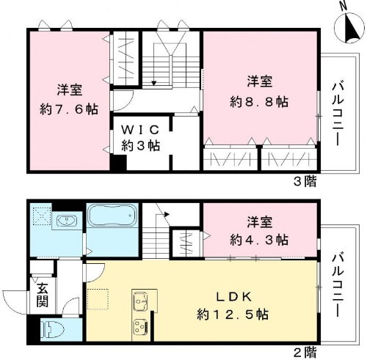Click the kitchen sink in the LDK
(141, 301)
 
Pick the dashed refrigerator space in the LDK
(97, 300)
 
